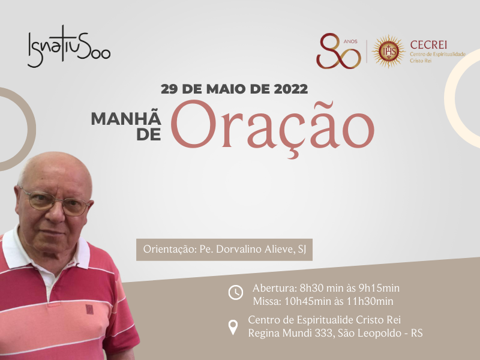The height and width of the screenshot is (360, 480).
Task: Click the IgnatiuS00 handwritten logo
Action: click(69, 47)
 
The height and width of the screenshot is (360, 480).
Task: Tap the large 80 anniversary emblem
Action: click(338, 51)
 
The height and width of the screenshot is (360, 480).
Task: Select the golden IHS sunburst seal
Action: click(388, 51)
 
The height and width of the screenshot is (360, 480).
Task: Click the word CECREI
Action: click(428, 44)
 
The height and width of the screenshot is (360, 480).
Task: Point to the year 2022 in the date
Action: click(291, 89)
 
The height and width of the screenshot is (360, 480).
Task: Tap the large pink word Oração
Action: click(272, 127)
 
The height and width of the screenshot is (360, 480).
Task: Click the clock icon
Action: click(236, 292)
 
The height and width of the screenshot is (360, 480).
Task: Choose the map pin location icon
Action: click(233, 327)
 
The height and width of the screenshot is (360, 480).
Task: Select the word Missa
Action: click(266, 301)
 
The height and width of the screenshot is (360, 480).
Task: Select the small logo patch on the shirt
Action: click(89, 309)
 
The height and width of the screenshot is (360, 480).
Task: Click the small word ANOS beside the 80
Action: click(350, 41)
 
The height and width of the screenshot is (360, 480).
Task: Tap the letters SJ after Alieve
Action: click(302, 250)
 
